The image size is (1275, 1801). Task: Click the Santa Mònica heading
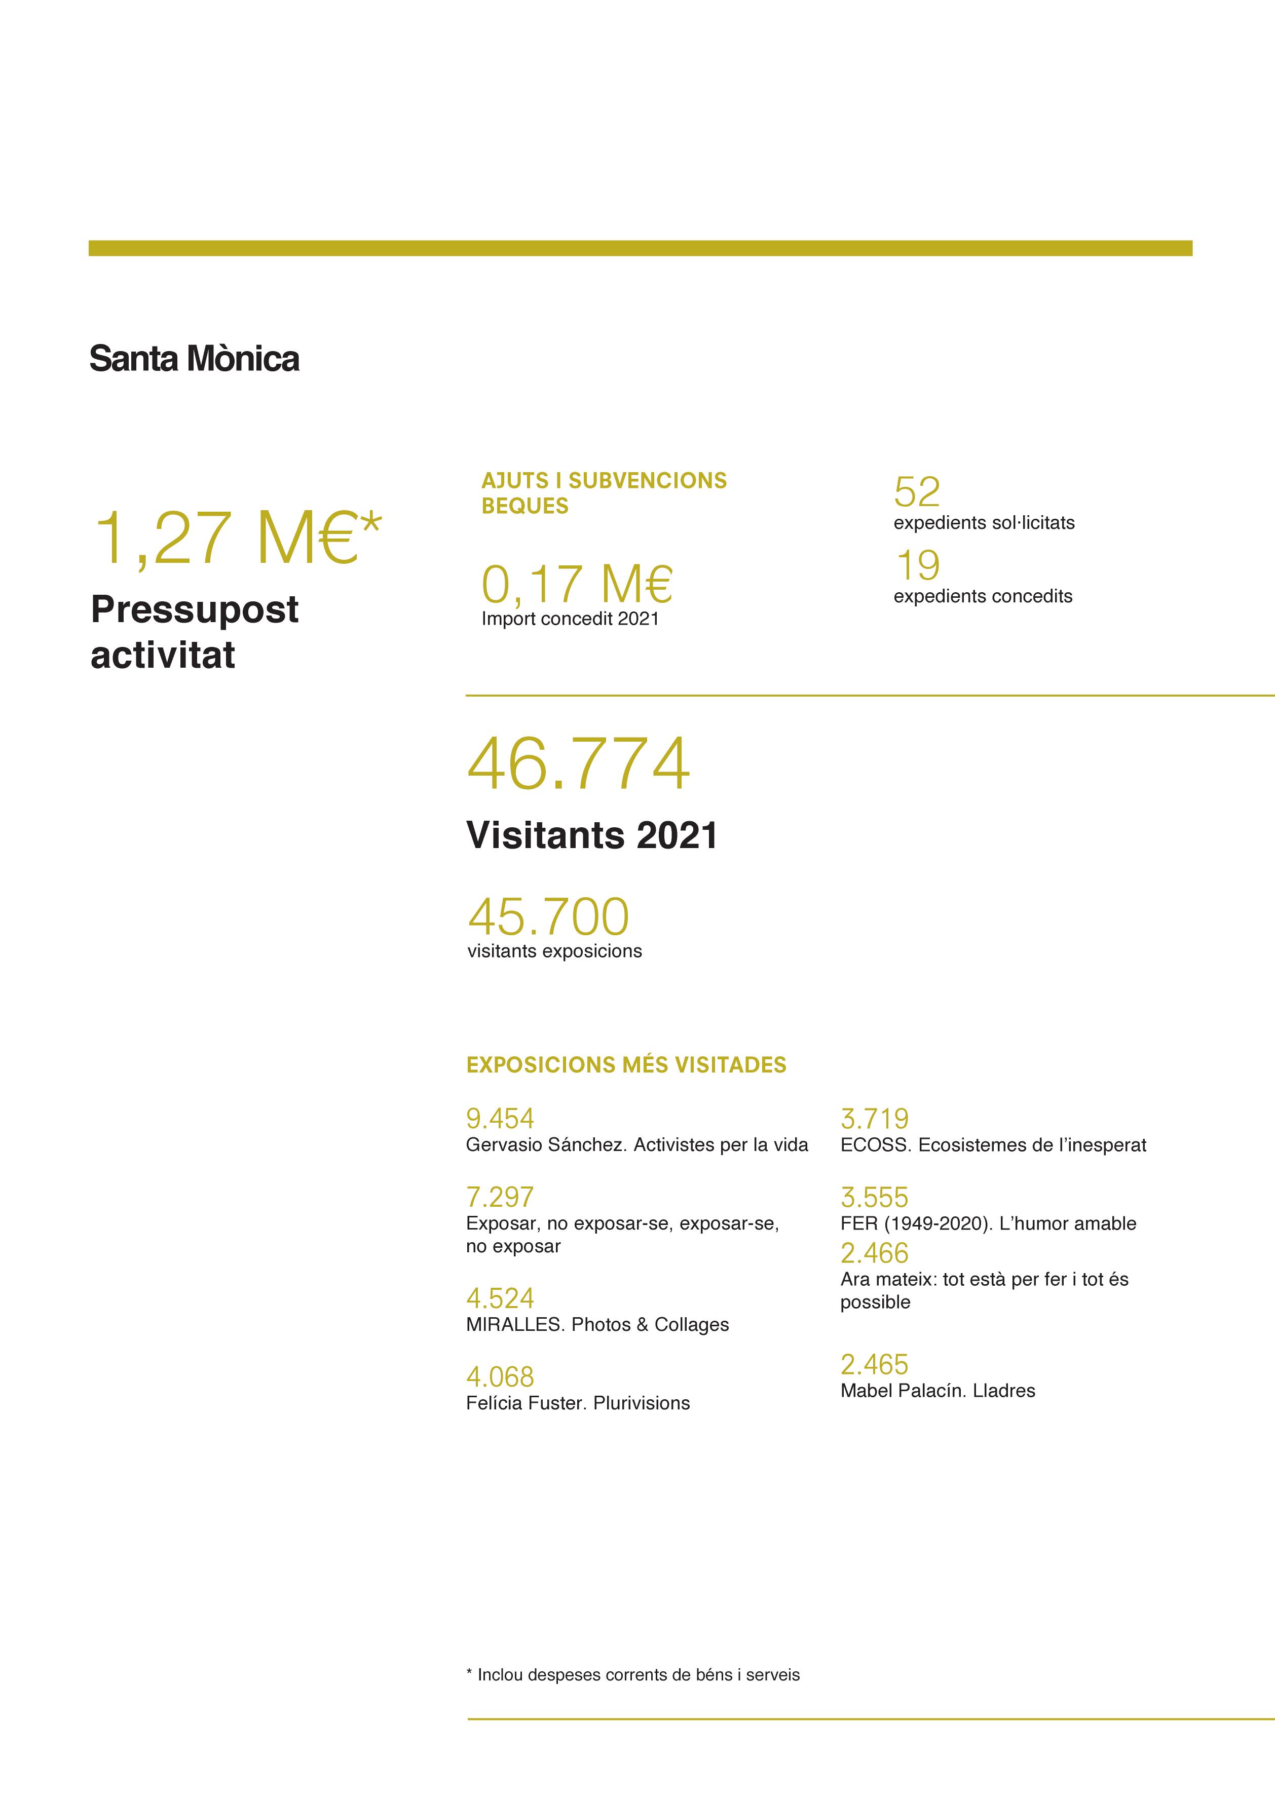pos(194,359)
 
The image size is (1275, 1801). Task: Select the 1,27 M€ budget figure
pos(236,539)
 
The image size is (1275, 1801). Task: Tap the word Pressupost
pos(195,610)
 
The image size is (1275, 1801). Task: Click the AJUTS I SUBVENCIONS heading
pos(604,480)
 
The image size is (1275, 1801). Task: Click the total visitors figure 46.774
pos(579,763)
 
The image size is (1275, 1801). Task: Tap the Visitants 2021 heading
pos(592,835)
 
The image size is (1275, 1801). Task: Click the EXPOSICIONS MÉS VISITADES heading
pos(626,1065)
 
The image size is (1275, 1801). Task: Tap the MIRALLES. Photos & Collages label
pos(596,1325)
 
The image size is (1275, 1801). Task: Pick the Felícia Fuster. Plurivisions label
pos(578,1403)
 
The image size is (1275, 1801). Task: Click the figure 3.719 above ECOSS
pos(874,1118)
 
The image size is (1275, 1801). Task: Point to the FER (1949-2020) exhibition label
pos(988,1223)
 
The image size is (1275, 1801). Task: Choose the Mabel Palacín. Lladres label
pos(938,1391)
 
